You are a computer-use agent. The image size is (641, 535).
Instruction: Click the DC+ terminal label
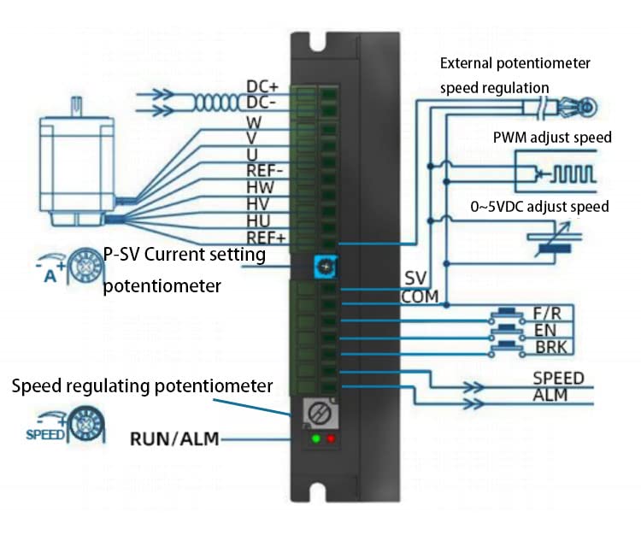pos(263,86)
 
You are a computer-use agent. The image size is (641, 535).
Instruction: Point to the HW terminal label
pos(261,185)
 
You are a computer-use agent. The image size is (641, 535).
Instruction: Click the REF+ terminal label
pos(265,237)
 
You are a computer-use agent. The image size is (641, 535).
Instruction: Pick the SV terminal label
pos(415,280)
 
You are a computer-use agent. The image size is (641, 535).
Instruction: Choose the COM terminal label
pos(419,297)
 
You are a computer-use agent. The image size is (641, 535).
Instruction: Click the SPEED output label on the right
pos(558,378)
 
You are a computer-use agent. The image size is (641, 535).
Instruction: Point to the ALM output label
pos(550,395)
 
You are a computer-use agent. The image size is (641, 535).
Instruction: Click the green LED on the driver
pos(316,439)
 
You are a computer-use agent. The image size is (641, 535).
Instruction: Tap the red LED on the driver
pos(332,439)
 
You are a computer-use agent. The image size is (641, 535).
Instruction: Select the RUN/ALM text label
pos(174,440)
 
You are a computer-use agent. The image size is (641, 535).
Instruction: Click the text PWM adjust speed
pos(552,138)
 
